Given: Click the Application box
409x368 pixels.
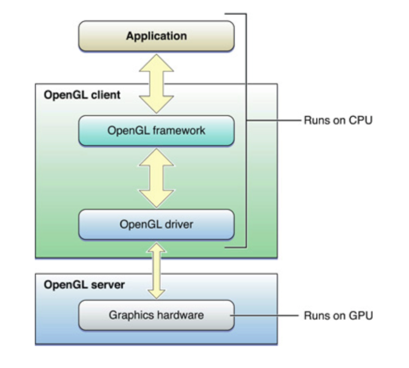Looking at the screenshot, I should [156, 36].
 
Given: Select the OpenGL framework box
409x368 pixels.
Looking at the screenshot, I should [156, 130].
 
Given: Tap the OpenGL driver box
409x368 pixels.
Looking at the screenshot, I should [156, 224].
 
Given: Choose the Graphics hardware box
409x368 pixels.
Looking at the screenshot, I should [156, 315].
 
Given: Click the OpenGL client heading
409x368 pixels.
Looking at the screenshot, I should [82, 94].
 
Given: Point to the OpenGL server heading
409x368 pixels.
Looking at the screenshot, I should [84, 285].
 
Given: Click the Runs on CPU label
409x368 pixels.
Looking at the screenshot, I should [338, 120].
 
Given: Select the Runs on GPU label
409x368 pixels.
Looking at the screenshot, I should [338, 316].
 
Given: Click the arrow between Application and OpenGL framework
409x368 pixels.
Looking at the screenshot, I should [156, 83].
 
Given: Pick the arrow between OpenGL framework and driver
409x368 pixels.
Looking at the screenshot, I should [156, 177].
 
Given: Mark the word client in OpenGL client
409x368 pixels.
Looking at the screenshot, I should [106, 94].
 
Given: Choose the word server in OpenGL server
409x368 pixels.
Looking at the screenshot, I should [109, 285].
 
